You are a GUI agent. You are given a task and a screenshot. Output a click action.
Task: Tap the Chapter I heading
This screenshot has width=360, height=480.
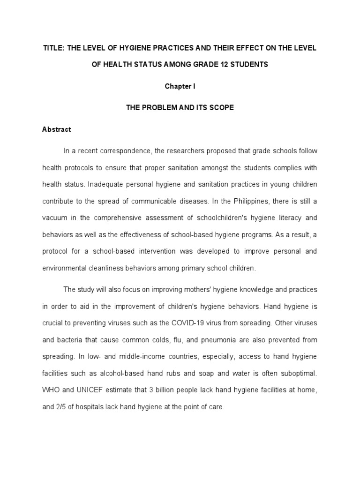(180, 86)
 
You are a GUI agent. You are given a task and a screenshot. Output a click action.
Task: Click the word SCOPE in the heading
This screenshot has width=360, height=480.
(223, 107)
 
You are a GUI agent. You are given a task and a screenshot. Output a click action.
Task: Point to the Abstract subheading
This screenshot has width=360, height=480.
(57, 129)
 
